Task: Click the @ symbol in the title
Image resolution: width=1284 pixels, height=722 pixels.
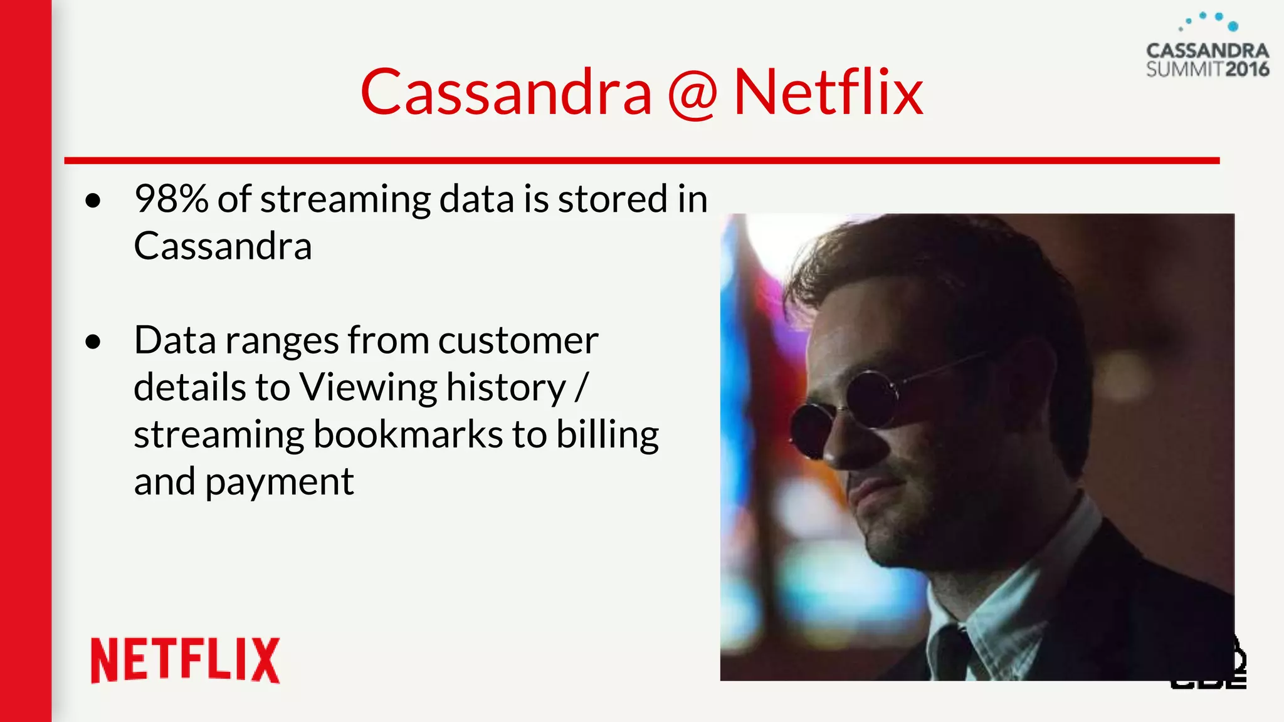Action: pyautogui.click(x=692, y=94)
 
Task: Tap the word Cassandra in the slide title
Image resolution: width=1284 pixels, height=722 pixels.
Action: pyautogui.click(x=506, y=93)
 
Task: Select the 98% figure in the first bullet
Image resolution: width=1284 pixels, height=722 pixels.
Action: pyautogui.click(x=171, y=199)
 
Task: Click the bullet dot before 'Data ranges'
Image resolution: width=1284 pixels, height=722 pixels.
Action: pyautogui.click(x=93, y=342)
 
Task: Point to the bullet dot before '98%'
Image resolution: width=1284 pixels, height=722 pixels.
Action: pyautogui.click(x=93, y=201)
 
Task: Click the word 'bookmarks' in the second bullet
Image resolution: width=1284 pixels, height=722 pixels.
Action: pyautogui.click(x=408, y=434)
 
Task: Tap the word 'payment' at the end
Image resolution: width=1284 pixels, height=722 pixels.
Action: pyautogui.click(x=279, y=483)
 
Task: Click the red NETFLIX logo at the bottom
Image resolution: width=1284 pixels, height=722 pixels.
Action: pyautogui.click(x=185, y=660)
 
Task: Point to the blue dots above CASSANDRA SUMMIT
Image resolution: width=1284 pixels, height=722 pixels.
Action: pyautogui.click(x=1210, y=21)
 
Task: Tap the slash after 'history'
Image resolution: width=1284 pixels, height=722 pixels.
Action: pyautogui.click(x=581, y=387)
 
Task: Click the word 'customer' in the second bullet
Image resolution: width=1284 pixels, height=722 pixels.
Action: pyautogui.click(x=518, y=341)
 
